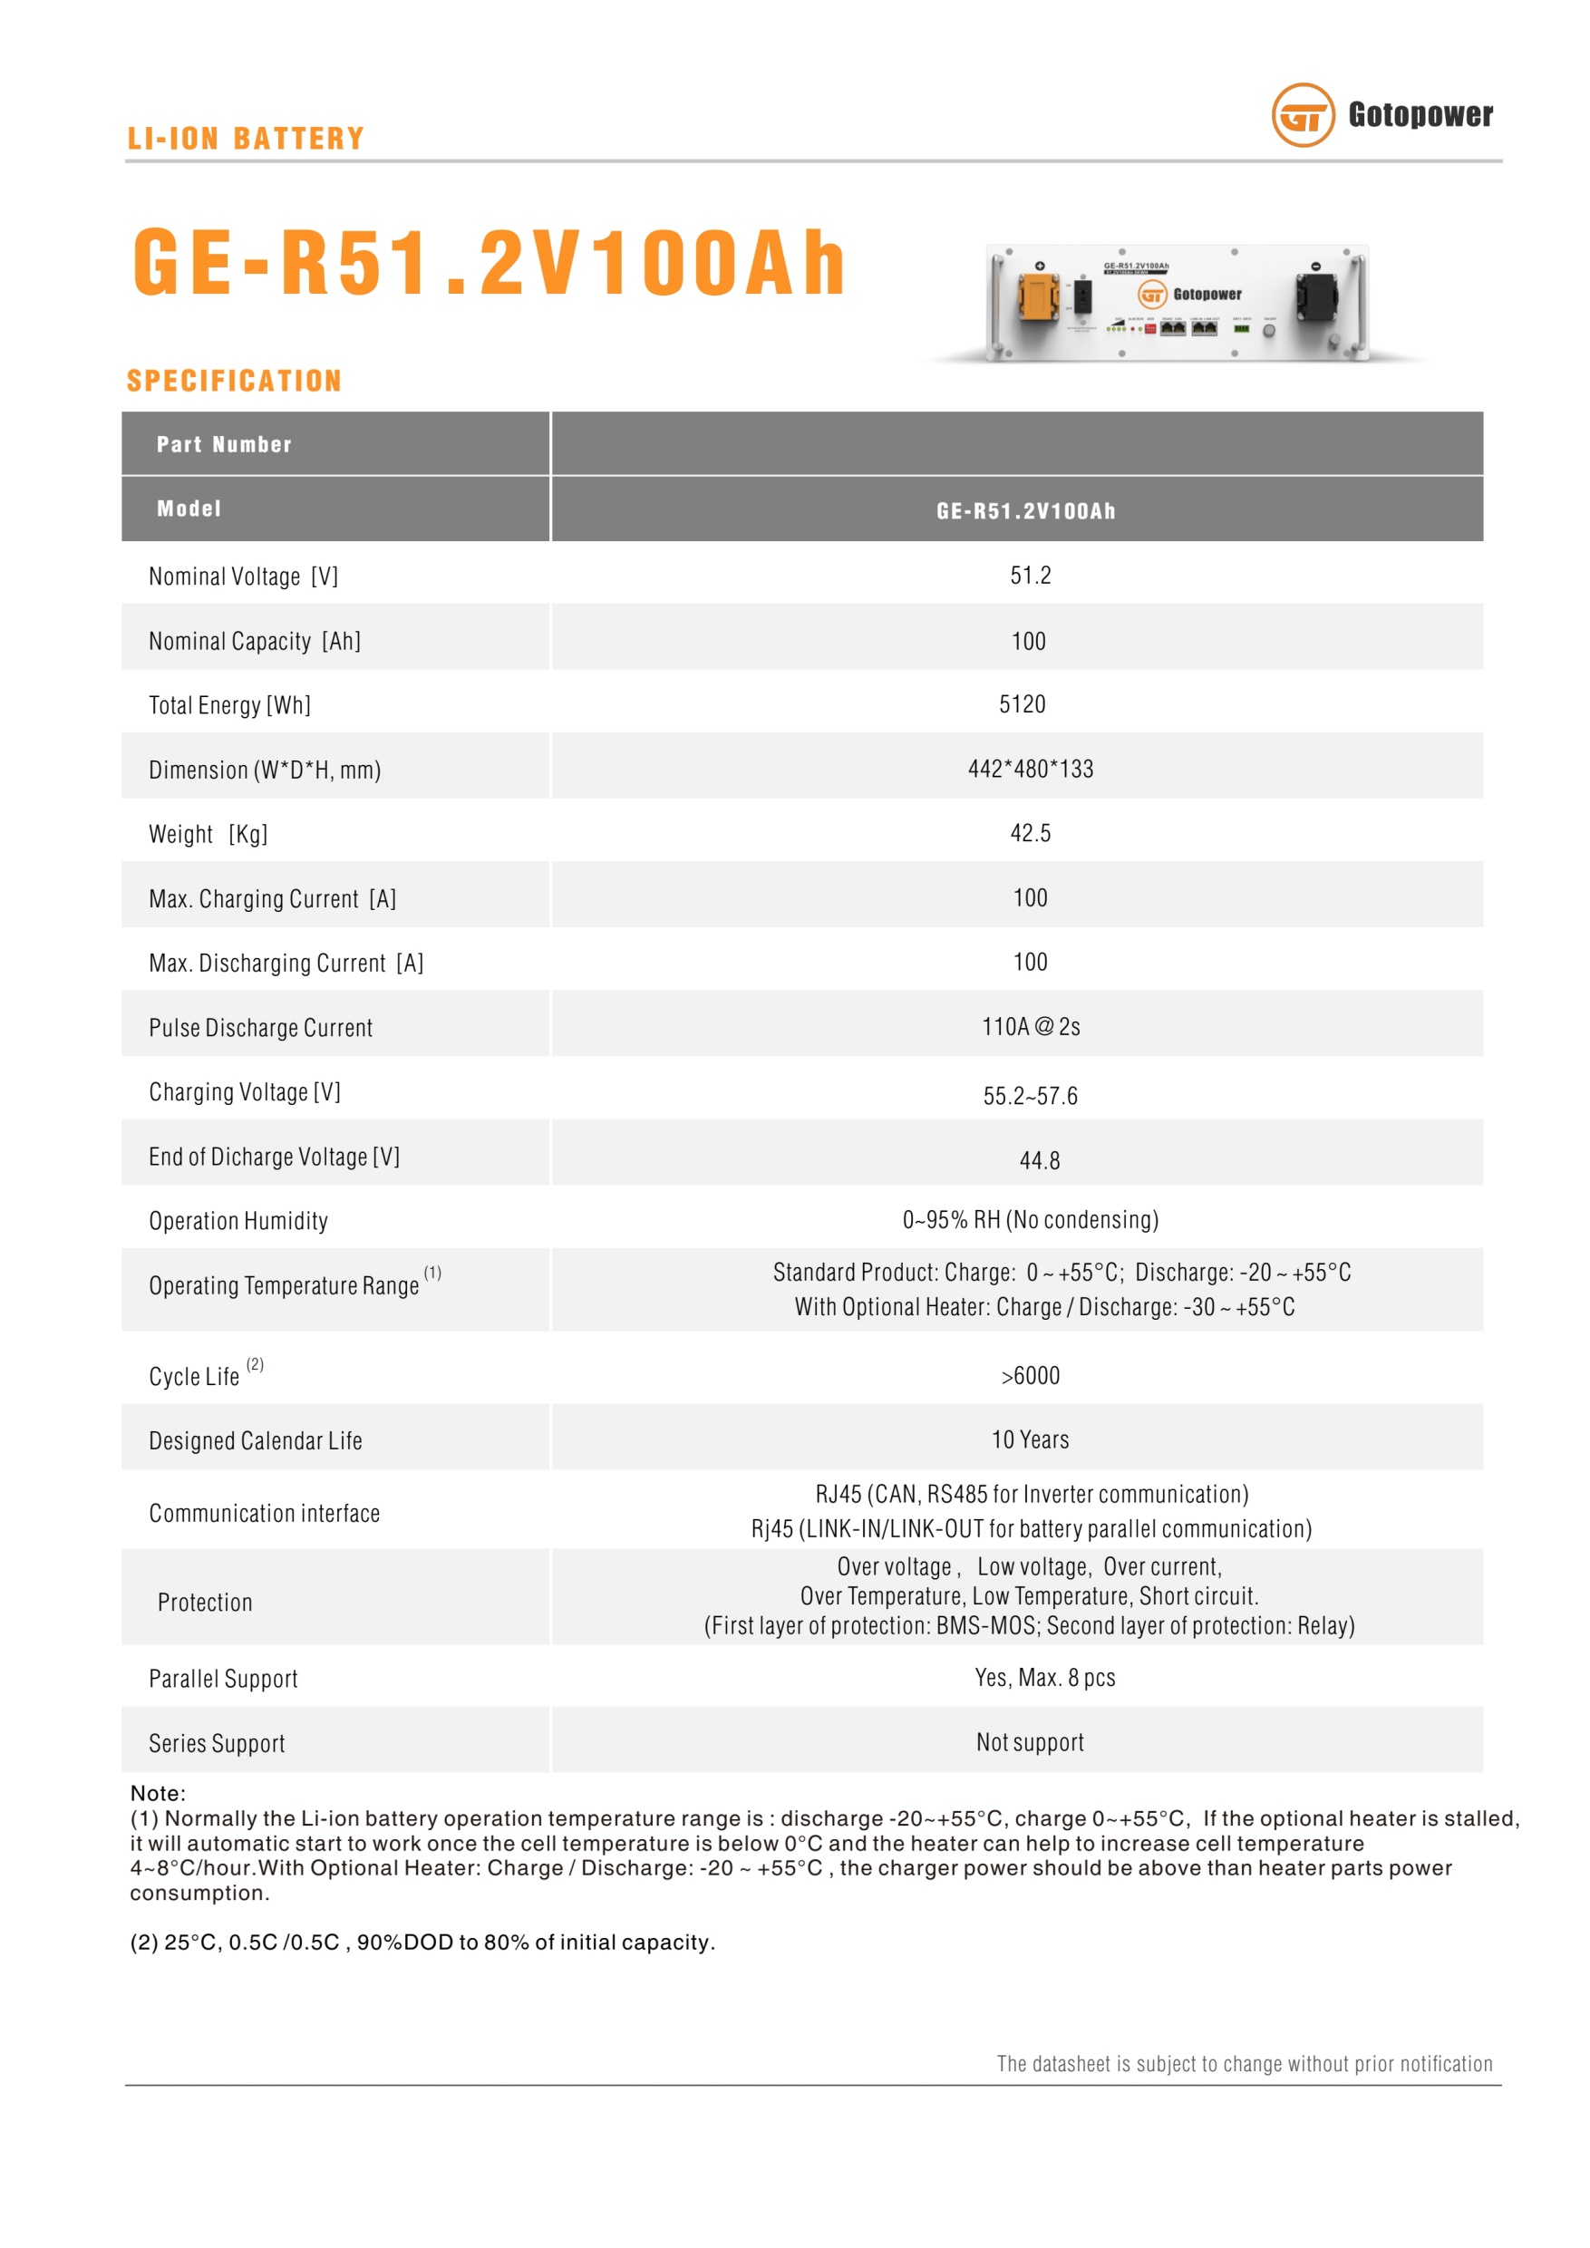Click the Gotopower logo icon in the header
pos(1302,115)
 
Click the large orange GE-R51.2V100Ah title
pos(489,262)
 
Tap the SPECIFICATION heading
pos(234,381)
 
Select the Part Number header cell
pos(224,444)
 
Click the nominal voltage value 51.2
pos(1030,576)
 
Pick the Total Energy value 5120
pos(1023,705)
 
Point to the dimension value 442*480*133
pos(1030,770)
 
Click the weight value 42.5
pos(1030,833)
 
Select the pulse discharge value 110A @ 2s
pos(1030,1027)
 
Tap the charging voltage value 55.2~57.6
pos(1030,1097)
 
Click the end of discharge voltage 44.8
pos(1039,1161)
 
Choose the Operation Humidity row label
pos(238,1221)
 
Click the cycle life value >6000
pos(1030,1377)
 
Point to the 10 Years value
pos(1030,1440)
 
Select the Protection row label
pos(205,1603)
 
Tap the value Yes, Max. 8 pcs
pos(1044,1678)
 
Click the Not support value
pos(1030,1743)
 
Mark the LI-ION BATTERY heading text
pos(246,139)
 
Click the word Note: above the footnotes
pos(158,1794)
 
